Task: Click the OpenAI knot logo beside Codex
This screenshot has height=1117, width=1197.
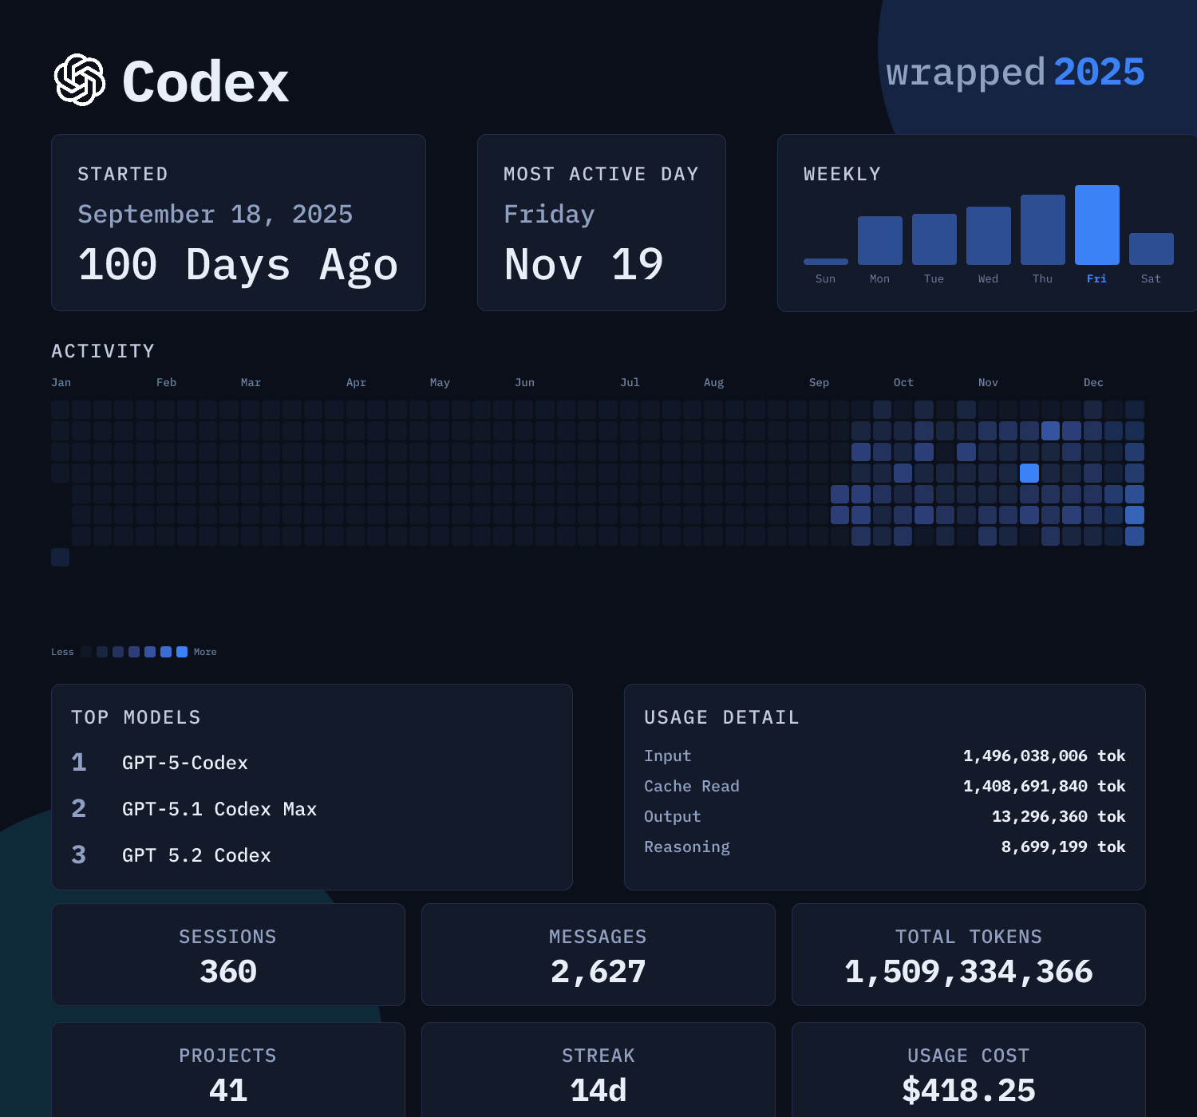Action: click(x=80, y=80)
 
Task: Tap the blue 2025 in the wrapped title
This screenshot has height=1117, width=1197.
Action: click(x=1099, y=72)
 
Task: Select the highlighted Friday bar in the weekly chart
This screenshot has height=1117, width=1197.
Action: click(x=1096, y=225)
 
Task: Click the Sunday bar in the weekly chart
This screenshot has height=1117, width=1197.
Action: click(x=825, y=262)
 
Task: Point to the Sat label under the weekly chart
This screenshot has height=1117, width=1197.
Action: click(x=1151, y=278)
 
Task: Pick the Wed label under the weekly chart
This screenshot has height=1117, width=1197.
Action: click(x=988, y=278)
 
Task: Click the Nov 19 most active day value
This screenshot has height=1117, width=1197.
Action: click(x=583, y=264)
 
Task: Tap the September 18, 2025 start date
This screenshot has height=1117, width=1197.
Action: click(x=215, y=214)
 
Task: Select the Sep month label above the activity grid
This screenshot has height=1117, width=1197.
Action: click(x=819, y=382)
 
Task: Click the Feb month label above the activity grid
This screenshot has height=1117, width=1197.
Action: click(x=166, y=382)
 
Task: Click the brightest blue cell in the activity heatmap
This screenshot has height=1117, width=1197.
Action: click(x=1029, y=473)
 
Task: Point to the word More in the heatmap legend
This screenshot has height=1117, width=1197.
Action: click(x=205, y=652)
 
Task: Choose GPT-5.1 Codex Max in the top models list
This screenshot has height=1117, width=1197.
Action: click(x=219, y=809)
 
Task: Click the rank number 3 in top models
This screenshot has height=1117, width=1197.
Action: click(x=78, y=855)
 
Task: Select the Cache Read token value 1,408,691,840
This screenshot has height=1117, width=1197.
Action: click(x=1025, y=786)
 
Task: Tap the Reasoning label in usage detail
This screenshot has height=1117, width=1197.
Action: click(x=686, y=847)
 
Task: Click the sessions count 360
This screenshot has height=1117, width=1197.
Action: click(x=228, y=972)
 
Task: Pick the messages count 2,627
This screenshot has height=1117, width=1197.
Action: click(x=598, y=972)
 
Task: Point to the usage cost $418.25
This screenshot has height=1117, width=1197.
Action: click(x=968, y=1090)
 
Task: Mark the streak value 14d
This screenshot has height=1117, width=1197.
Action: click(x=598, y=1090)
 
